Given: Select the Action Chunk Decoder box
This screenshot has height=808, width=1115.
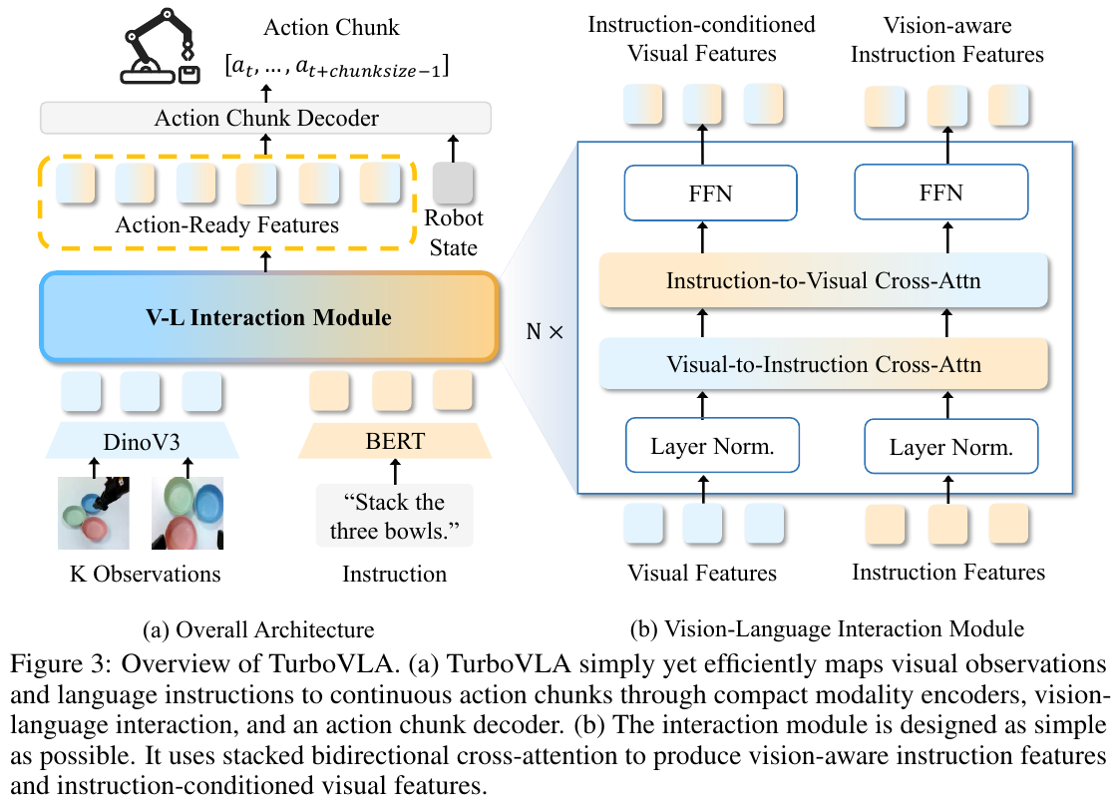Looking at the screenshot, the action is coord(266,118).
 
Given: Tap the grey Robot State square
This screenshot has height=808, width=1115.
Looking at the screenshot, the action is coord(453,183).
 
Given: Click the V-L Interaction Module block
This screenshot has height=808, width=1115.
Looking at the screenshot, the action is coord(269,316).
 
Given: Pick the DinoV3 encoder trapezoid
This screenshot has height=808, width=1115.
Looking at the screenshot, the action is coord(143,442).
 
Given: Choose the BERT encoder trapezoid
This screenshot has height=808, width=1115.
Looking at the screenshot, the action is coord(395,441).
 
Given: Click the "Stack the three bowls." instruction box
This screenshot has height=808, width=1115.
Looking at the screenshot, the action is coord(395,516).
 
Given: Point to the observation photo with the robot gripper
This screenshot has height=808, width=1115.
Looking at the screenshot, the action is coord(94,513).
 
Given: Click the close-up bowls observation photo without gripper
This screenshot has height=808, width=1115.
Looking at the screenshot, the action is coord(187,513).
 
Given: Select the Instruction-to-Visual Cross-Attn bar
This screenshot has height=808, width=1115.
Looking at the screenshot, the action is coord(824,280).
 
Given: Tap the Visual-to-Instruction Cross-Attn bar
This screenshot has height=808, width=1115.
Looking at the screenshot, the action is coord(824,364).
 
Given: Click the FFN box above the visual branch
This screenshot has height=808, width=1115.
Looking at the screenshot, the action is coord(710,193).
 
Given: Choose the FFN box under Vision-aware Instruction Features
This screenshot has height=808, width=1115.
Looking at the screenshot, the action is coord(940,193).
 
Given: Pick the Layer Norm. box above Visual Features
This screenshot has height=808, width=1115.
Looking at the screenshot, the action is coord(712,445).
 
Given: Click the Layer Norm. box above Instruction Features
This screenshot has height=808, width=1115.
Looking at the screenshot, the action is coord(951,446).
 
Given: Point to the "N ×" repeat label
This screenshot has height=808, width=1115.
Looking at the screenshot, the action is coord(545,331).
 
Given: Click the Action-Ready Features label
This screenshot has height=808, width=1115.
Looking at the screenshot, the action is coord(226,224).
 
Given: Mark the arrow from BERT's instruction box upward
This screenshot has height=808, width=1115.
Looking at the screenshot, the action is coord(395,472).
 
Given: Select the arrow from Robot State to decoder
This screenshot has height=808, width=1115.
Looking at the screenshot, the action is coord(453,149).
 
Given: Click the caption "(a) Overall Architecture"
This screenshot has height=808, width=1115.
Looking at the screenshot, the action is coord(258,629).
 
